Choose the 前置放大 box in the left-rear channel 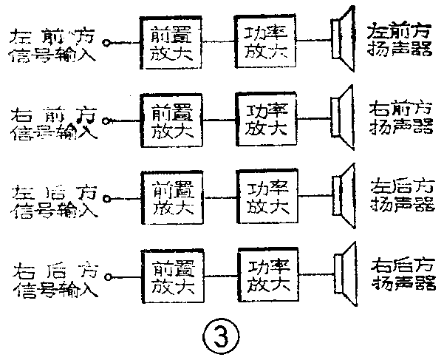(x=172, y=195)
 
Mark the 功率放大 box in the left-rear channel (x=266, y=194)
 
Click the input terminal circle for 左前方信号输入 (x=108, y=44)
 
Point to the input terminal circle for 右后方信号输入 (x=108, y=277)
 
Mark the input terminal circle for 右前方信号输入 (x=108, y=120)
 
